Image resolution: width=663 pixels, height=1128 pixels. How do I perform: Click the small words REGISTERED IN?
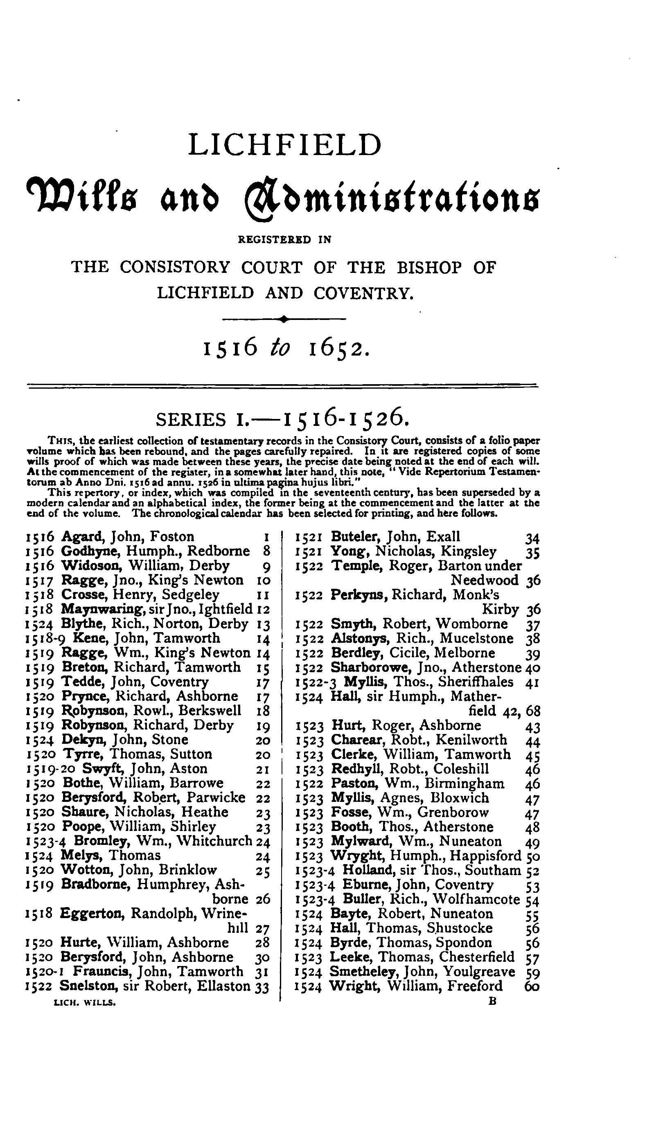pyautogui.click(x=285, y=239)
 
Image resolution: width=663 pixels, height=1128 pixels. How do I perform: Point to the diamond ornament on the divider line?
pyautogui.click(x=283, y=319)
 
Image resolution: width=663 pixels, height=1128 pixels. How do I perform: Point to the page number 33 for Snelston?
pyautogui.click(x=262, y=986)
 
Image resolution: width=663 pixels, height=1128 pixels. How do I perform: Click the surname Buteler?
pyautogui.click(x=356, y=536)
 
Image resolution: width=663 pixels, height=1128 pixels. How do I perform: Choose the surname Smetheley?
pyautogui.click(x=364, y=972)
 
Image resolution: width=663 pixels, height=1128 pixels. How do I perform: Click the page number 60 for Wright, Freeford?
pyautogui.click(x=531, y=986)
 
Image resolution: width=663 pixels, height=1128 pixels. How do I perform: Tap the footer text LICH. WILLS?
pyautogui.click(x=85, y=1004)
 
